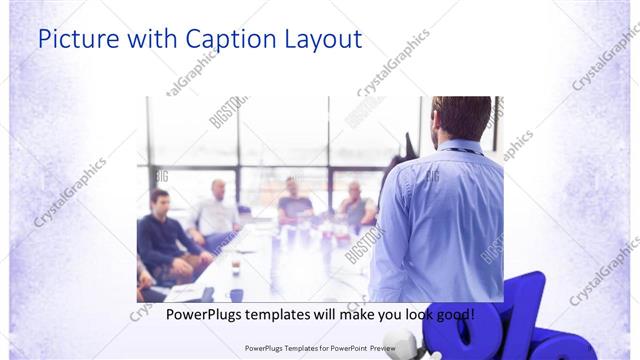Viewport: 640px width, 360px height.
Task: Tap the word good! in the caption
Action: (455, 316)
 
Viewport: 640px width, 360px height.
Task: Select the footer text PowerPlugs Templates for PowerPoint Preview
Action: (320, 347)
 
